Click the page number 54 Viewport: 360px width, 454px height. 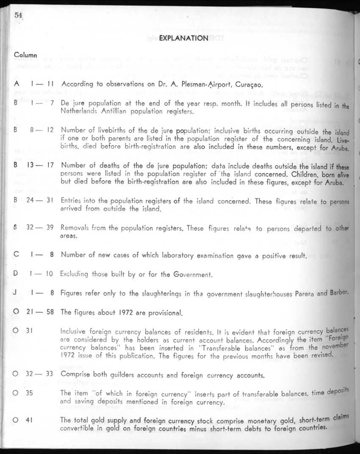18,15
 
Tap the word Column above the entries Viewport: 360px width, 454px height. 25,55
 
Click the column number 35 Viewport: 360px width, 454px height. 30,393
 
